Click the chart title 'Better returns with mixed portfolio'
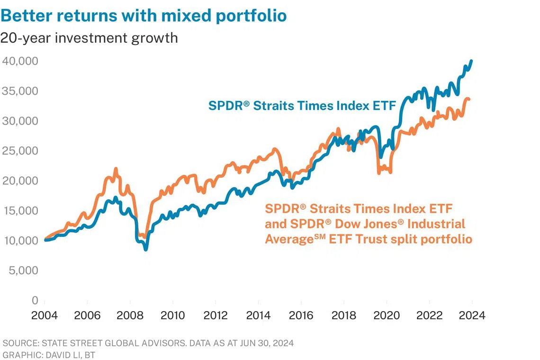click(x=144, y=16)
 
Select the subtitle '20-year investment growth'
click(x=89, y=38)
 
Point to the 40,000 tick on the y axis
click(x=20, y=61)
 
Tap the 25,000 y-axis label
click(x=20, y=151)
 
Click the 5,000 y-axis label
click(x=23, y=270)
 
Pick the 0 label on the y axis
click(x=35, y=300)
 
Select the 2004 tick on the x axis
click(x=45, y=315)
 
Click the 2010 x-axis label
click(x=172, y=315)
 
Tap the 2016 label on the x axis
click(x=301, y=315)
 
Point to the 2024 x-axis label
click(x=472, y=315)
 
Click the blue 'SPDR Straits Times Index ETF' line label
click(x=302, y=106)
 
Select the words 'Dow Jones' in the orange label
click(x=369, y=224)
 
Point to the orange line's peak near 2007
click(x=116, y=169)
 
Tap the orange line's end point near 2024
click(x=469, y=99)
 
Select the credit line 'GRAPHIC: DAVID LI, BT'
click(x=49, y=355)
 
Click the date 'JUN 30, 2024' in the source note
click(x=267, y=343)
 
